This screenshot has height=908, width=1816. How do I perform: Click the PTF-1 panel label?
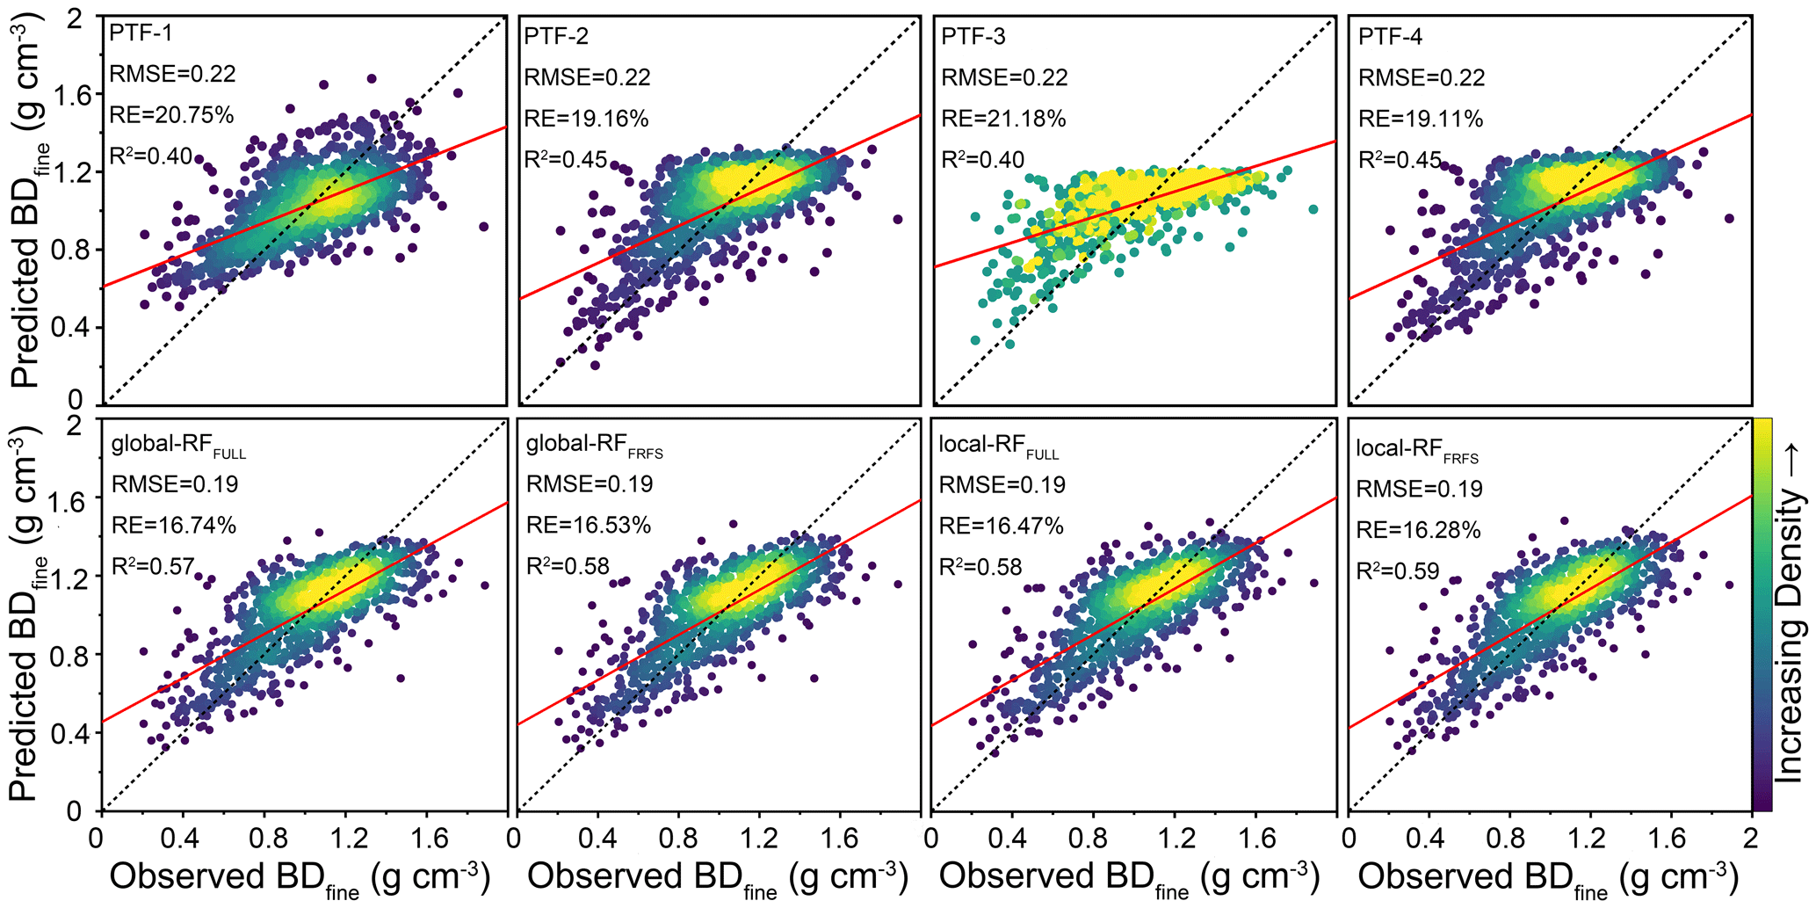pos(141,33)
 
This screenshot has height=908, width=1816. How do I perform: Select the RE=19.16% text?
pos(586,119)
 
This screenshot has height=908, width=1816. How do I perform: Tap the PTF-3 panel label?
pos(973,37)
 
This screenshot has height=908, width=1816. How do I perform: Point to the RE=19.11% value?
pos(1421,119)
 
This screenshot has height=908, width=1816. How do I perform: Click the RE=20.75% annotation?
pos(171,115)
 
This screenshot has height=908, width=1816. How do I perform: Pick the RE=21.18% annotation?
pos(1003,119)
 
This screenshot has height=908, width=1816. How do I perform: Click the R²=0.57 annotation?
pos(152,566)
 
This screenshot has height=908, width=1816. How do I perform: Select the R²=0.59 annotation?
pos(1398,571)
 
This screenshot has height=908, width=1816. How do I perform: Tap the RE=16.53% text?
pos(589,526)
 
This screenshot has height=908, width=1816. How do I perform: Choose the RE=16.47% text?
pos(1002,526)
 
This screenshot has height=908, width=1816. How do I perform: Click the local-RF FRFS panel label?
pos(1416,450)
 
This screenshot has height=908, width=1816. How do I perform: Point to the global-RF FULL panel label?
pos(177,446)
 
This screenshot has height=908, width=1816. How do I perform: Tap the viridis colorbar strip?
pos(1762,614)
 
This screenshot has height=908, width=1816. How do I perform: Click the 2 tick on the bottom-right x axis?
pos(1750,838)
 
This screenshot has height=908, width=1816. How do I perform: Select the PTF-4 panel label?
pos(1390,37)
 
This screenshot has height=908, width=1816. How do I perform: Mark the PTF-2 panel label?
pos(556,37)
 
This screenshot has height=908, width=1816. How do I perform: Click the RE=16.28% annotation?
pos(1418,530)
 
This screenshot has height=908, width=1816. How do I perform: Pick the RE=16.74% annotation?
pos(174,526)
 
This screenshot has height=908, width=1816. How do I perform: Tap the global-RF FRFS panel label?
pos(594,446)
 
